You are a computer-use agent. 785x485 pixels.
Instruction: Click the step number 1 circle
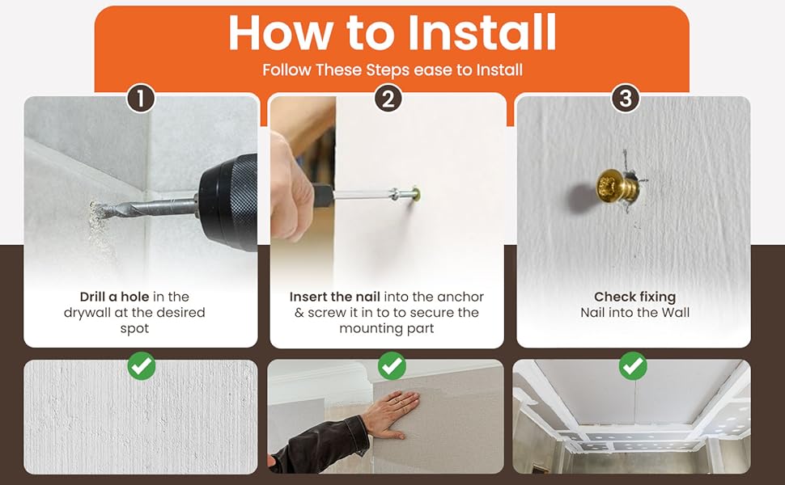coord(141,98)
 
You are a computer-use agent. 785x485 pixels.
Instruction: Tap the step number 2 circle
coord(388,98)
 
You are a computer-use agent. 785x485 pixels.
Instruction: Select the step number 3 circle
coord(626,98)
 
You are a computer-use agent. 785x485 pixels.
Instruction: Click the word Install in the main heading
coord(482,32)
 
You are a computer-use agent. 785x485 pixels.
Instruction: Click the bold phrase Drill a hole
coord(114,297)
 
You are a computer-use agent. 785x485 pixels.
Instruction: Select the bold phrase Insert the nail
coord(334,297)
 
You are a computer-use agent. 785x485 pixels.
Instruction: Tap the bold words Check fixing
coord(634,297)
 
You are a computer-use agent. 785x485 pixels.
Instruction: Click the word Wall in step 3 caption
coord(676,313)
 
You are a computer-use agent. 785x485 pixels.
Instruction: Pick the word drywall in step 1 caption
coord(85,313)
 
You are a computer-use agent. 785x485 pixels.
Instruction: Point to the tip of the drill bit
coord(93,210)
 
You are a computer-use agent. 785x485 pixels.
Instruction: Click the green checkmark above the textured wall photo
coord(142,366)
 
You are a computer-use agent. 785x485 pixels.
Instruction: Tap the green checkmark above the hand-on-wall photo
coord(392,366)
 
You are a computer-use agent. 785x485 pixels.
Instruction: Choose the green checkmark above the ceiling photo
coord(633,366)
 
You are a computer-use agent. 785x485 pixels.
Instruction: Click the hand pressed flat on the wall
coord(392,414)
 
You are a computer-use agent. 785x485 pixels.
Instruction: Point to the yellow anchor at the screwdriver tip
coord(414,192)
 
